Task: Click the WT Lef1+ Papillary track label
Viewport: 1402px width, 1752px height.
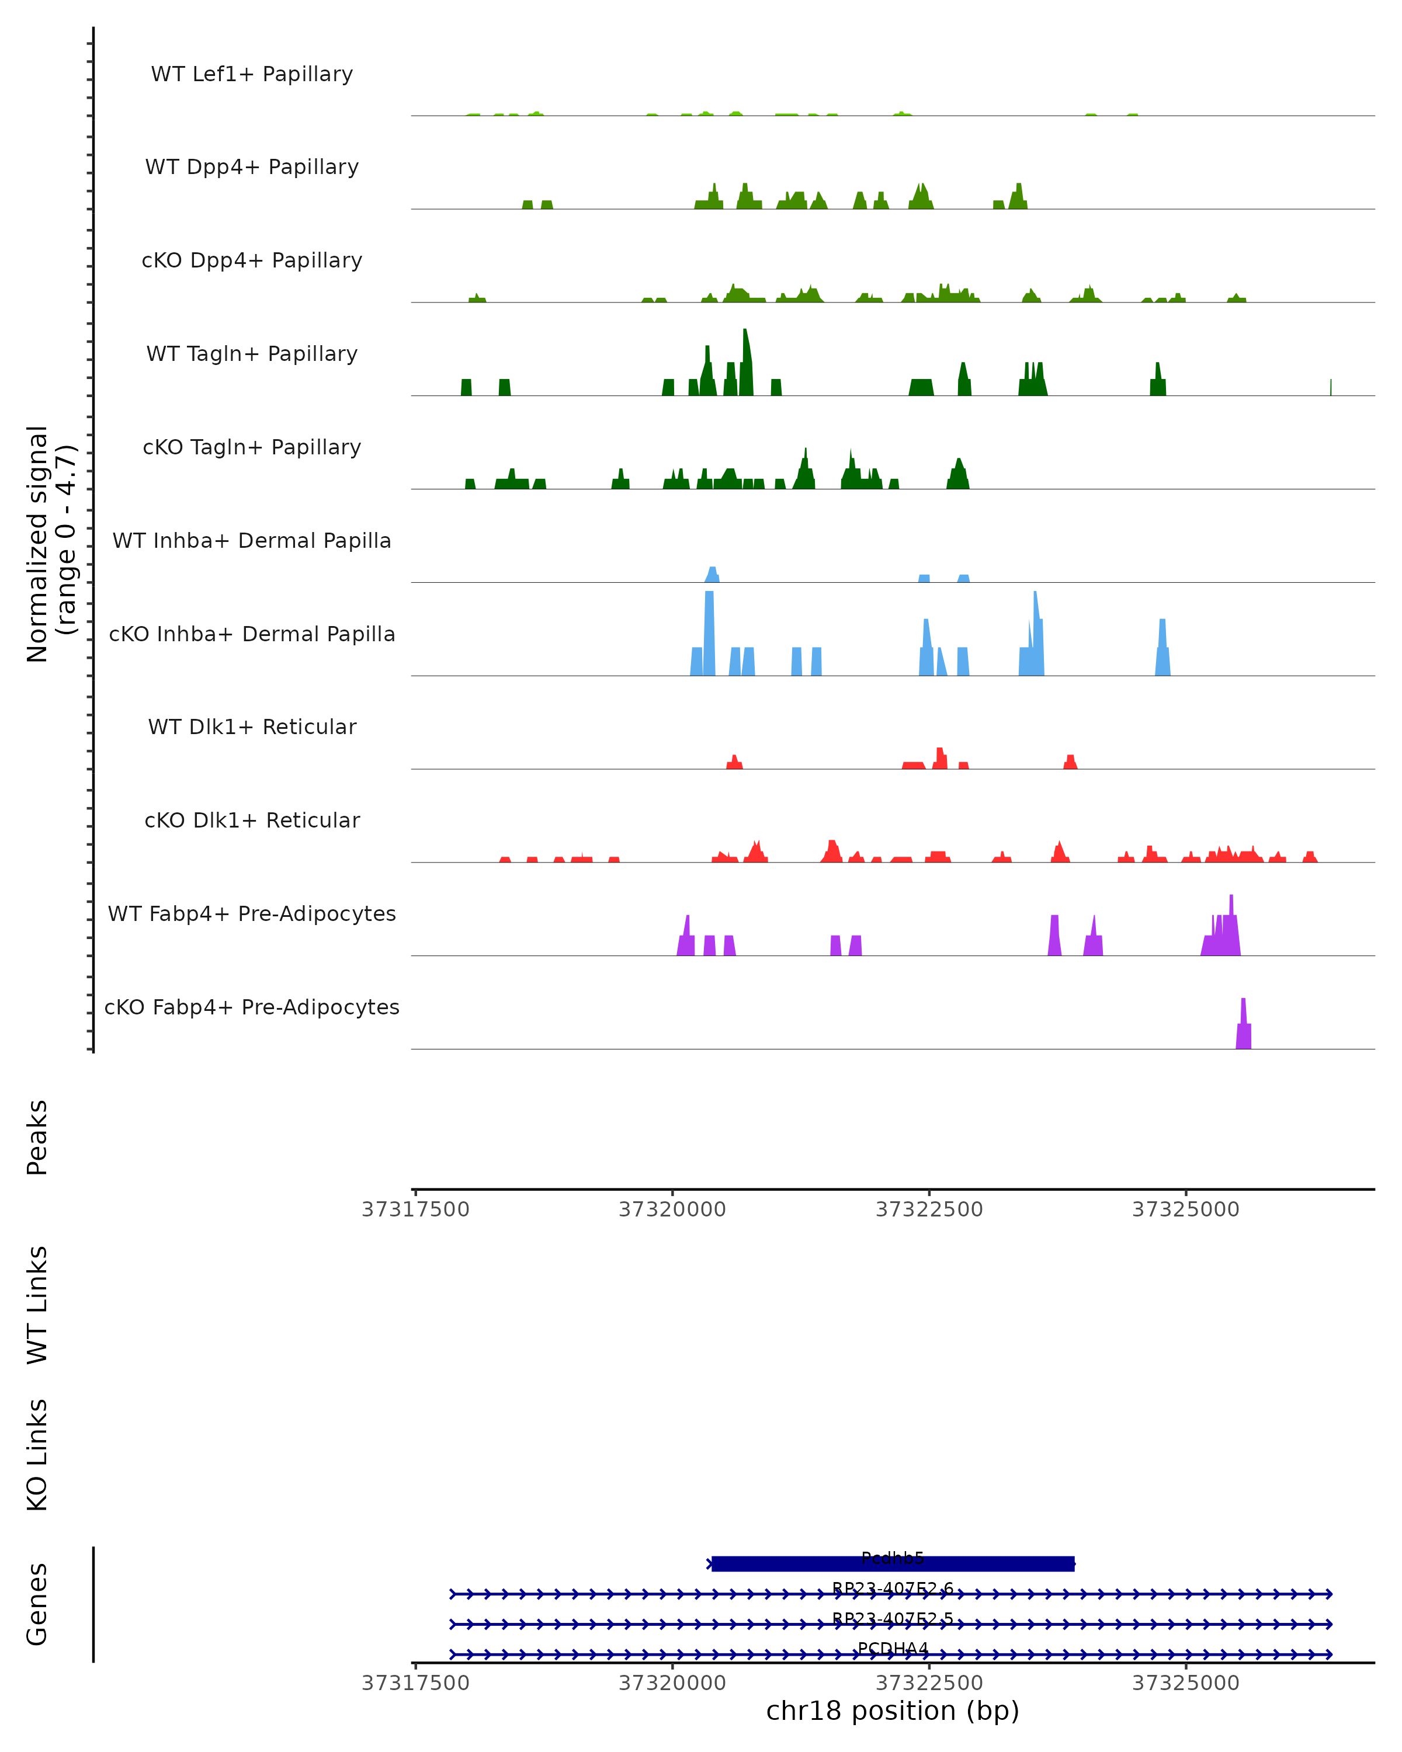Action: tap(252, 74)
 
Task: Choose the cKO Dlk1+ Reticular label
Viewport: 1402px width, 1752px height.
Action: tap(252, 820)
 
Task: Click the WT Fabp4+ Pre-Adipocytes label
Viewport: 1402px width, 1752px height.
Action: tap(252, 913)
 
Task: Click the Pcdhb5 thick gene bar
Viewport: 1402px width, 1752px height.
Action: tap(893, 1563)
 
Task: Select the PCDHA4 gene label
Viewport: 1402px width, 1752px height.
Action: tap(893, 1649)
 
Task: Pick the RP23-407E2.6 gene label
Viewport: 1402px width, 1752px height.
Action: tap(893, 1588)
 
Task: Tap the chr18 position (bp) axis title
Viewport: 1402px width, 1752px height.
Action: tap(893, 1711)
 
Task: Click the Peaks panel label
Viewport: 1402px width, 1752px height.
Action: tap(37, 1138)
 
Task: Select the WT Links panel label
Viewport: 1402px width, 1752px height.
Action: tap(37, 1306)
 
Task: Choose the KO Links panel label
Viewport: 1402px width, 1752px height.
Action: tap(37, 1455)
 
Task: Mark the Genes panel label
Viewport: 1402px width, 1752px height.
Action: tap(37, 1604)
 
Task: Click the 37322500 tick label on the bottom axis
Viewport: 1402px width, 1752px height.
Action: tap(929, 1683)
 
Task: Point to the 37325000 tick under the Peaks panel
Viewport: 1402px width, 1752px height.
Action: tap(1186, 1210)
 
